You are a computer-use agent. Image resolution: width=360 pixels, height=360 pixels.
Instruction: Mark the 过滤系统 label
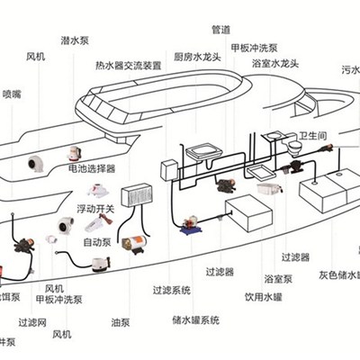171,290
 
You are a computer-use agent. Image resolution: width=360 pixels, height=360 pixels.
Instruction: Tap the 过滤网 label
31,321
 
